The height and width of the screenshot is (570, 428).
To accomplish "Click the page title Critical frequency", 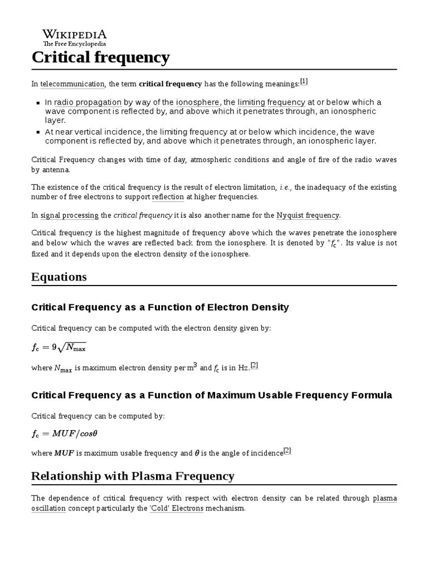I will [100, 57].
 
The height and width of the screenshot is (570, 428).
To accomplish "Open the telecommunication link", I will [72, 84].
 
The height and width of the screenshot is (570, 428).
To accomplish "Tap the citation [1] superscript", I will [304, 81].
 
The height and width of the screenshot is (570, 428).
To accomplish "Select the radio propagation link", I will [87, 102].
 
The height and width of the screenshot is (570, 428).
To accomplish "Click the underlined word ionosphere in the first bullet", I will [198, 102].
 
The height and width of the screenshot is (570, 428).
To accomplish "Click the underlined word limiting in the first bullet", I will [251, 102].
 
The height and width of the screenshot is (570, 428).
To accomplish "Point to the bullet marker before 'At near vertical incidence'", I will [38, 132].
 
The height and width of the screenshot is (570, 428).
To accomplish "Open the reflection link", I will [168, 197].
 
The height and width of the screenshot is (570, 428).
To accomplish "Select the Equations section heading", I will [59, 277].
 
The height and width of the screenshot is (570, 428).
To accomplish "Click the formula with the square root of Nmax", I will [59, 347].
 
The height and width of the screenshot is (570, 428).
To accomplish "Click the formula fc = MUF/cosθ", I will [67, 434].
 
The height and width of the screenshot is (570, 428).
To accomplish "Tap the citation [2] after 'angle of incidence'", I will [287, 450].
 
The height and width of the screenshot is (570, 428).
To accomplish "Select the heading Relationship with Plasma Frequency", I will [133, 476].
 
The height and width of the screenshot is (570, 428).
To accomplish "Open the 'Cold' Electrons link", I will [176, 508].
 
